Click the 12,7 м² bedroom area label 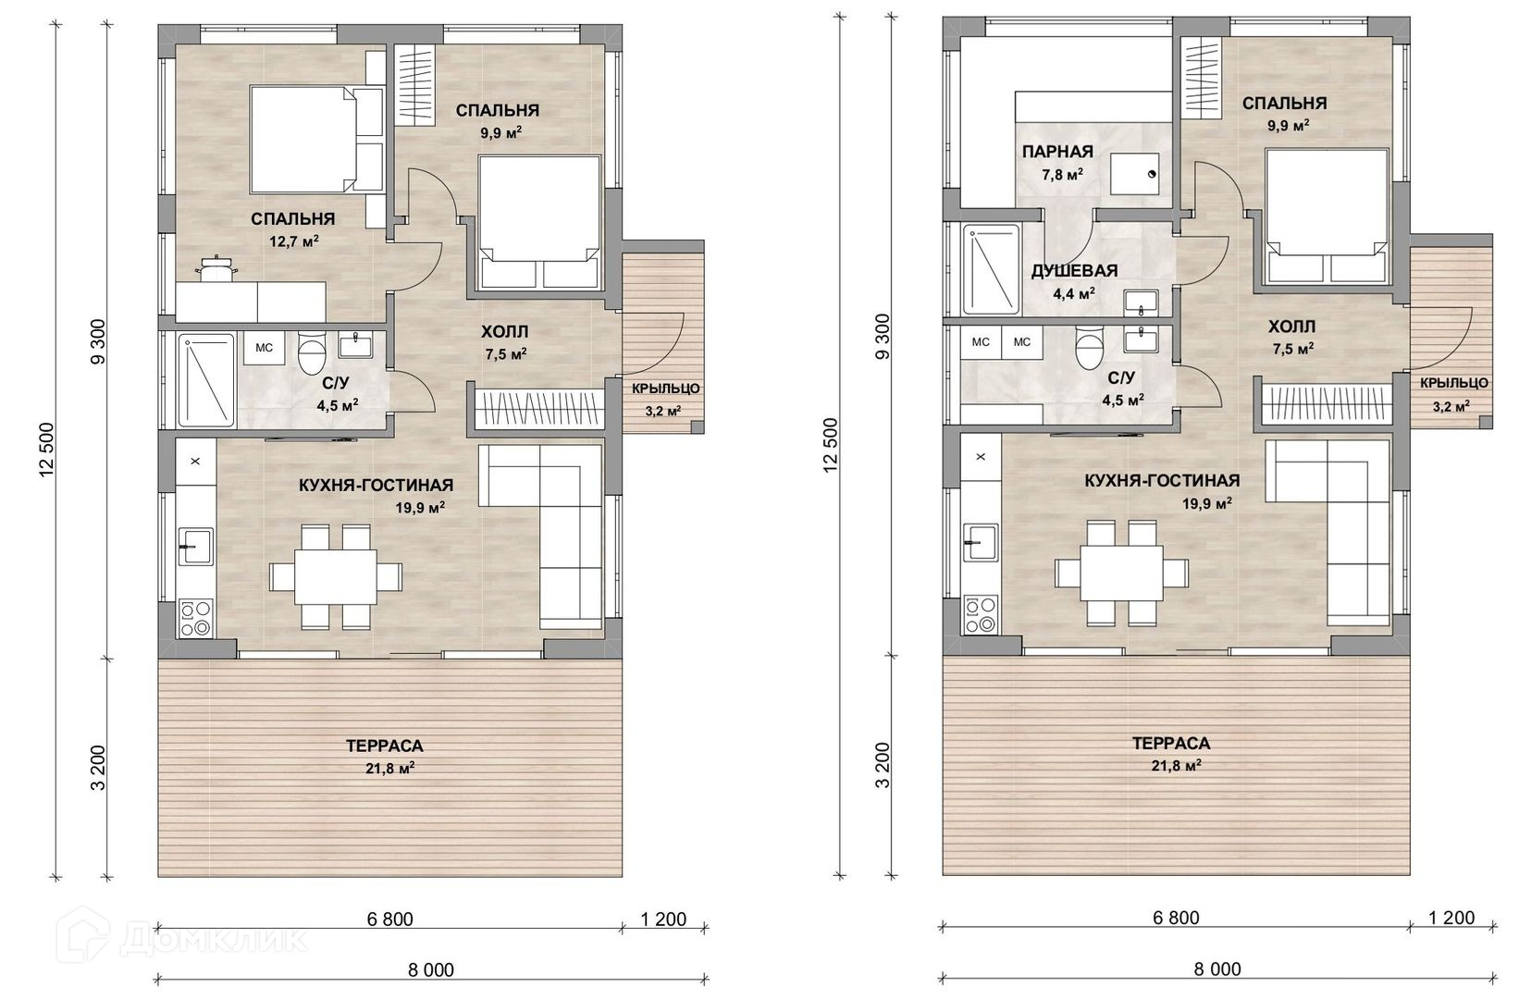(x=294, y=241)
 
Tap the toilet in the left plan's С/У (x=312, y=352)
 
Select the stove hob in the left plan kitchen (x=195, y=618)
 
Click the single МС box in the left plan (x=264, y=348)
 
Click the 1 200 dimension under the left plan (x=663, y=919)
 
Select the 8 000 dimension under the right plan (x=1217, y=969)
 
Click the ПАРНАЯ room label (x=1058, y=152)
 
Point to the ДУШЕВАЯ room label (x=1074, y=271)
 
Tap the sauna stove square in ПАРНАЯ (x=1134, y=174)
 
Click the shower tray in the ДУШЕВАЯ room (x=991, y=270)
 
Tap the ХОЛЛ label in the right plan (x=1291, y=327)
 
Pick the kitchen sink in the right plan (x=981, y=542)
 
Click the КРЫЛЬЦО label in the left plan (x=666, y=388)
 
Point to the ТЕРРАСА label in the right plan (x=1171, y=744)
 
